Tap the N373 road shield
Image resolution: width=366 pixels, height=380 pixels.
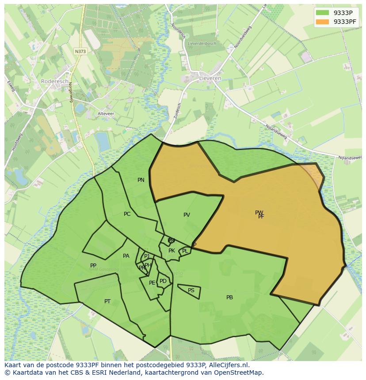[80, 51]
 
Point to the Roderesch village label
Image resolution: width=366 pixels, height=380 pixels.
[54, 81]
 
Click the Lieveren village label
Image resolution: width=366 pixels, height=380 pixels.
[210, 78]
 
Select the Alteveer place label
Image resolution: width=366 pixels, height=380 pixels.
[106, 113]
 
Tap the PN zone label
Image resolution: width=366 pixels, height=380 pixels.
[141, 180]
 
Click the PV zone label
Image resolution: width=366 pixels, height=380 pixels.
[187, 215]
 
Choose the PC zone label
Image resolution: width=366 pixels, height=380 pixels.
[127, 214]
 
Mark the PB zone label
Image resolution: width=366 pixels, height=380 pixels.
[229, 297]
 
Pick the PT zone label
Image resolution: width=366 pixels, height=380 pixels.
[107, 301]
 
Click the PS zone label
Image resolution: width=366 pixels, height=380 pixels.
[191, 290]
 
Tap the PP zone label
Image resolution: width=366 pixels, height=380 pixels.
[93, 266]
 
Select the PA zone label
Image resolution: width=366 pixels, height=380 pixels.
[126, 256]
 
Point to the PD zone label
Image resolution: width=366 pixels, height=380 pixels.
[163, 281]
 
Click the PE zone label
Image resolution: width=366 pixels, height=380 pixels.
[152, 283]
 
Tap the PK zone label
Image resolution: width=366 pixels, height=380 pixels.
[172, 251]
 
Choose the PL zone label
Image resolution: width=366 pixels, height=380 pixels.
[185, 251]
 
